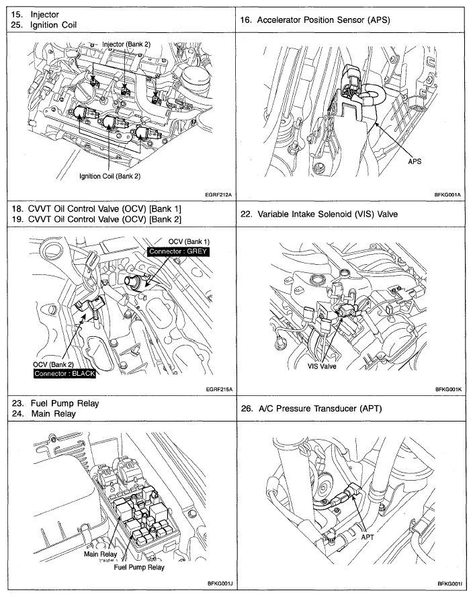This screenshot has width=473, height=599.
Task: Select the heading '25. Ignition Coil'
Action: pos(44,25)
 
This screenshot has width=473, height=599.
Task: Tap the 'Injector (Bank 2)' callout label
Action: pos(126,44)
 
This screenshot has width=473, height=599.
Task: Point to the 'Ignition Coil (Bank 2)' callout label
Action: pos(110,177)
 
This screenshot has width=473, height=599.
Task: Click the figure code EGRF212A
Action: pos(217,194)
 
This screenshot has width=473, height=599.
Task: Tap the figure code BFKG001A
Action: pos(450,194)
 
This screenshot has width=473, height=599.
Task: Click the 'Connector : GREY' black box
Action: pos(179,251)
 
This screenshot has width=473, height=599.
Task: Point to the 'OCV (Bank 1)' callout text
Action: pos(189,241)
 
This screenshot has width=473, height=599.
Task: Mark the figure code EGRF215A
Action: pos(217,389)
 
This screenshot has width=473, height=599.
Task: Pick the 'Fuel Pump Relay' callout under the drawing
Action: pos(139,567)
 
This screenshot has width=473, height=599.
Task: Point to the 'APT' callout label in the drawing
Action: pos(368,537)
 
